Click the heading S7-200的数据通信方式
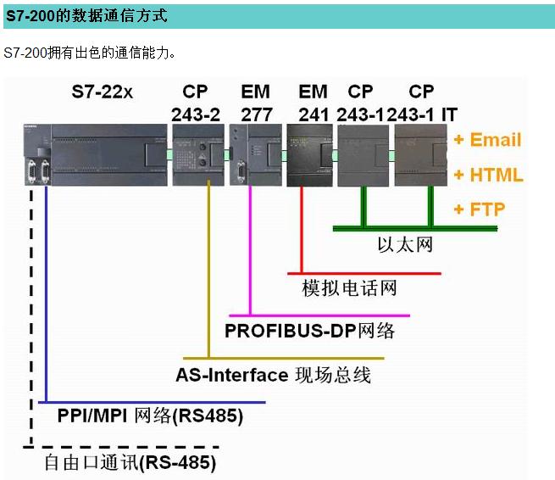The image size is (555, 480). tap(86, 16)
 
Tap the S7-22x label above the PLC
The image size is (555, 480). tap(102, 92)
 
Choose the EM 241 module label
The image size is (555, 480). tap(313, 103)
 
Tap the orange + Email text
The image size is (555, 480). tap(487, 140)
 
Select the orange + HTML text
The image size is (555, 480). tap(488, 176)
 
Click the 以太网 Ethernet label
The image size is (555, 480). tap(405, 244)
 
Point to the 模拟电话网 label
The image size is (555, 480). tap(349, 288)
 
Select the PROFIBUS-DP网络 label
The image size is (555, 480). tap(309, 330)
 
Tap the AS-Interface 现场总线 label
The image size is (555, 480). tap(273, 374)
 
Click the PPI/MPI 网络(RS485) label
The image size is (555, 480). tap(150, 416)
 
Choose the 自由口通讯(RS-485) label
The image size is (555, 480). tap(130, 463)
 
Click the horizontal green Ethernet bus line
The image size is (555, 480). tap(398, 228)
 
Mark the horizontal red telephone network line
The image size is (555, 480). tap(364, 274)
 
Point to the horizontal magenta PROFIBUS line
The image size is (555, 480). tap(322, 315)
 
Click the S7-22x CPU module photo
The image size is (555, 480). tap(93, 153)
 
